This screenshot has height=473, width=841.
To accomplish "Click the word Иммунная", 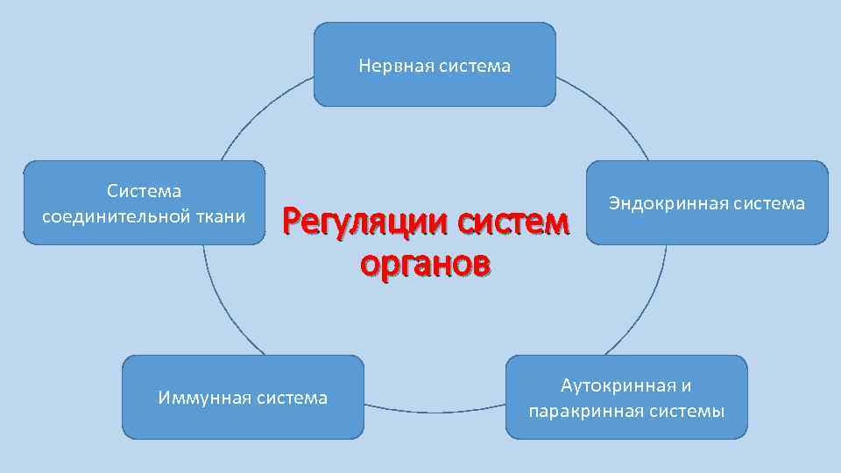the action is click(204, 399).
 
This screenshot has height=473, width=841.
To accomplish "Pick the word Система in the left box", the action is click(144, 190).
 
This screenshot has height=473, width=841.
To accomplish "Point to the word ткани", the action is click(223, 215).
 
